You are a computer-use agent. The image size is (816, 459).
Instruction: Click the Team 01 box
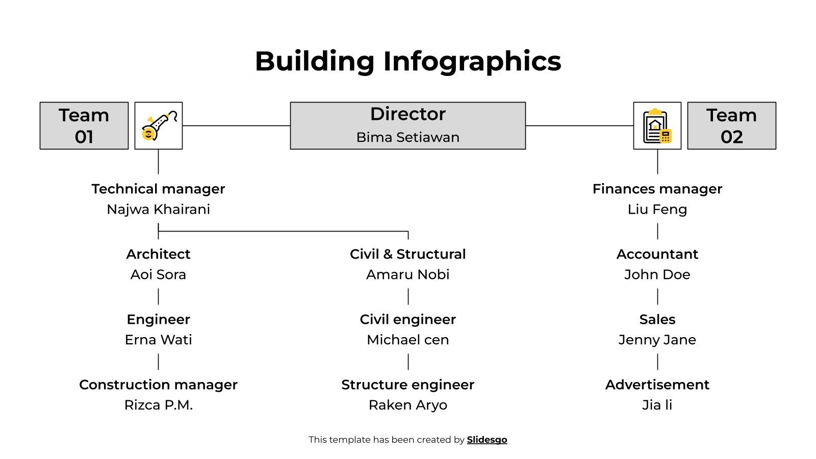pyautogui.click(x=84, y=125)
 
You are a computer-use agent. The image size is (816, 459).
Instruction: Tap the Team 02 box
pyautogui.click(x=731, y=125)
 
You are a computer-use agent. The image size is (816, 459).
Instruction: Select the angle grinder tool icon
pyautogui.click(x=159, y=125)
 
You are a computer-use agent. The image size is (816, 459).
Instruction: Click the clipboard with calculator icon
pyautogui.click(x=657, y=125)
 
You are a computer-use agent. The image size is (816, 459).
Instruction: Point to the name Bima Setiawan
pyautogui.click(x=407, y=137)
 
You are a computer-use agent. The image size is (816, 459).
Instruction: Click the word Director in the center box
pyautogui.click(x=407, y=114)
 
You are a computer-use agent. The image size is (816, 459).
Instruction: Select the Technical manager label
pyautogui.click(x=158, y=189)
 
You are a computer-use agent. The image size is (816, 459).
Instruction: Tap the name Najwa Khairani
pyautogui.click(x=158, y=209)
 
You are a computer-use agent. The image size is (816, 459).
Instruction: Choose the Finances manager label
pyautogui.click(x=657, y=189)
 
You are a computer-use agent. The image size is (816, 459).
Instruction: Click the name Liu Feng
pyautogui.click(x=657, y=209)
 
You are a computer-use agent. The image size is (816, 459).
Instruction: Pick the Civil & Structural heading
pyautogui.click(x=407, y=254)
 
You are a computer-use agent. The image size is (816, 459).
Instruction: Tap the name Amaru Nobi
pyautogui.click(x=407, y=274)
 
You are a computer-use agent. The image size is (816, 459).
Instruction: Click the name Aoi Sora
pyautogui.click(x=158, y=274)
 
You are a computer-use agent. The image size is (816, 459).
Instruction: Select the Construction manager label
pyautogui.click(x=158, y=385)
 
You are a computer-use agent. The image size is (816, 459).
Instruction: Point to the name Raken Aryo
pyautogui.click(x=407, y=405)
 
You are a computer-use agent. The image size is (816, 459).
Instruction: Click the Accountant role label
pyautogui.click(x=657, y=254)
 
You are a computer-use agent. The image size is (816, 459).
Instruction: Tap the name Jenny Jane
pyautogui.click(x=657, y=340)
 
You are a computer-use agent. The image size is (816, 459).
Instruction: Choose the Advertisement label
pyautogui.click(x=657, y=385)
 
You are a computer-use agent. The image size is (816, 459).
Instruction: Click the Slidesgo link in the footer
pyautogui.click(x=487, y=440)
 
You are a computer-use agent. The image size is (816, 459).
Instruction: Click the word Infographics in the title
pyautogui.click(x=472, y=61)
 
